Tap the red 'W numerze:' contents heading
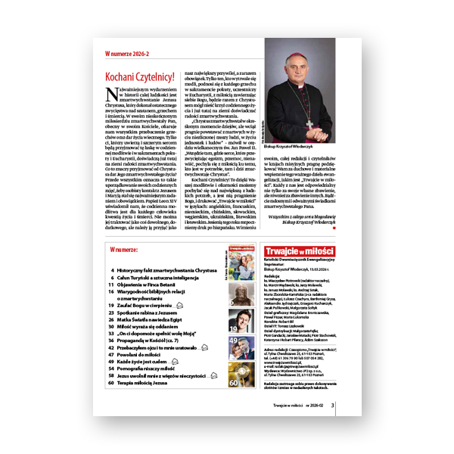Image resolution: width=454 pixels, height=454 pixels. pos(127,247)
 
